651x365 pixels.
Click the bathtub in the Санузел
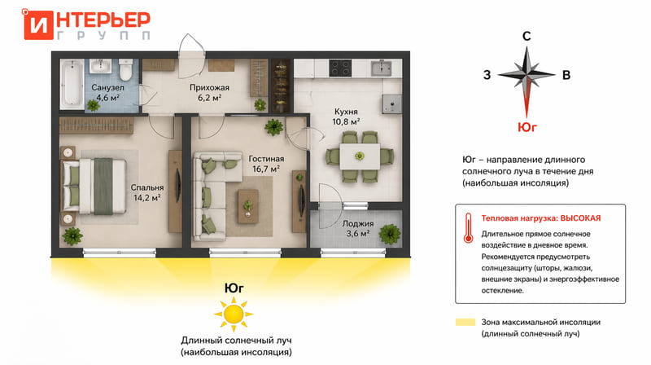pos(72,83)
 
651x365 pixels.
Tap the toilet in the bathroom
pos(125,70)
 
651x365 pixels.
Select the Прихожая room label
pos(209,87)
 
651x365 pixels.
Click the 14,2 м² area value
pos(147,198)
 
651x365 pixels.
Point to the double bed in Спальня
pos(94,186)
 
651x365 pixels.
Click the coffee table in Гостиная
pos(248,206)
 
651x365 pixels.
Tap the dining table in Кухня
pos(360,156)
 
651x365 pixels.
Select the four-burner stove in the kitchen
pos(340,68)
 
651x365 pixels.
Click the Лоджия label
pos(358,224)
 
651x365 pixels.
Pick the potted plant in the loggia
pos(390,234)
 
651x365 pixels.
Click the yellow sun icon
pos(234,314)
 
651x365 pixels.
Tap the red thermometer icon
pos(469,228)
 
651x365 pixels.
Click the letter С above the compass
pos(526,36)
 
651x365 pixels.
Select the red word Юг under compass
pos(526,127)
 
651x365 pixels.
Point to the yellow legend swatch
pos(465,322)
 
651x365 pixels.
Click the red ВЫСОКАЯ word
pos(580,218)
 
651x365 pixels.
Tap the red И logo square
pos(38,25)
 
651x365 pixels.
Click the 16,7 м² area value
pos(266,169)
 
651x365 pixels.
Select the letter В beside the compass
pos(566,75)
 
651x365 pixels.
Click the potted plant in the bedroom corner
pos(72,236)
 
